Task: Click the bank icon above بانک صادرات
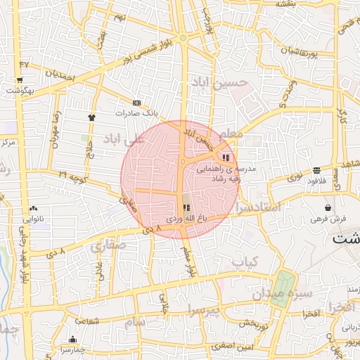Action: pyautogui.click(x=136, y=103)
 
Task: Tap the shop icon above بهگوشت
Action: pyautogui.click(x=19, y=81)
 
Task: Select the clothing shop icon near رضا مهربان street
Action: pyautogui.click(x=91, y=117)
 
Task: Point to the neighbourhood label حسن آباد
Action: pyautogui.click(x=220, y=83)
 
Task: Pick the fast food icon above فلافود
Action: pyautogui.click(x=317, y=170)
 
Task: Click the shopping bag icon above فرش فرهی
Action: pyautogui.click(x=328, y=208)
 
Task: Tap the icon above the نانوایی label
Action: pyautogui.click(x=33, y=208)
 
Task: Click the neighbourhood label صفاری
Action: pyautogui.click(x=107, y=246)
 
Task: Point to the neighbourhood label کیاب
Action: pyautogui.click(x=246, y=262)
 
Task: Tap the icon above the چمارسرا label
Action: pyautogui.click(x=72, y=340)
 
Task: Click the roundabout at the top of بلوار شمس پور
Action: pyautogui.click(x=183, y=37)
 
